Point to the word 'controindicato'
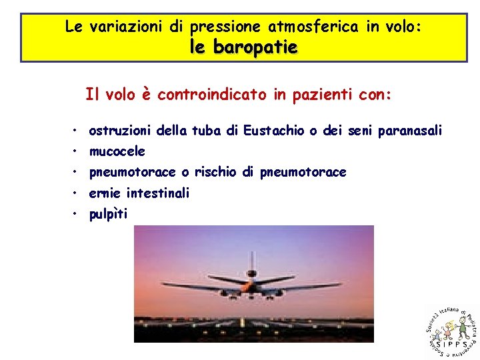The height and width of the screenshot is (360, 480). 213,95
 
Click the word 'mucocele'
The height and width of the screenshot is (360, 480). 117,152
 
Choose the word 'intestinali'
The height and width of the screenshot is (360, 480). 158,193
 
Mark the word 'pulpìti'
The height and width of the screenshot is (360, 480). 108,214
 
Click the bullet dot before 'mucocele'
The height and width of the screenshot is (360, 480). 77,152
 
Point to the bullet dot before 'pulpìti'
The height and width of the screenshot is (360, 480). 77,214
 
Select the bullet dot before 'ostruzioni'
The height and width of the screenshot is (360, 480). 77,131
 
